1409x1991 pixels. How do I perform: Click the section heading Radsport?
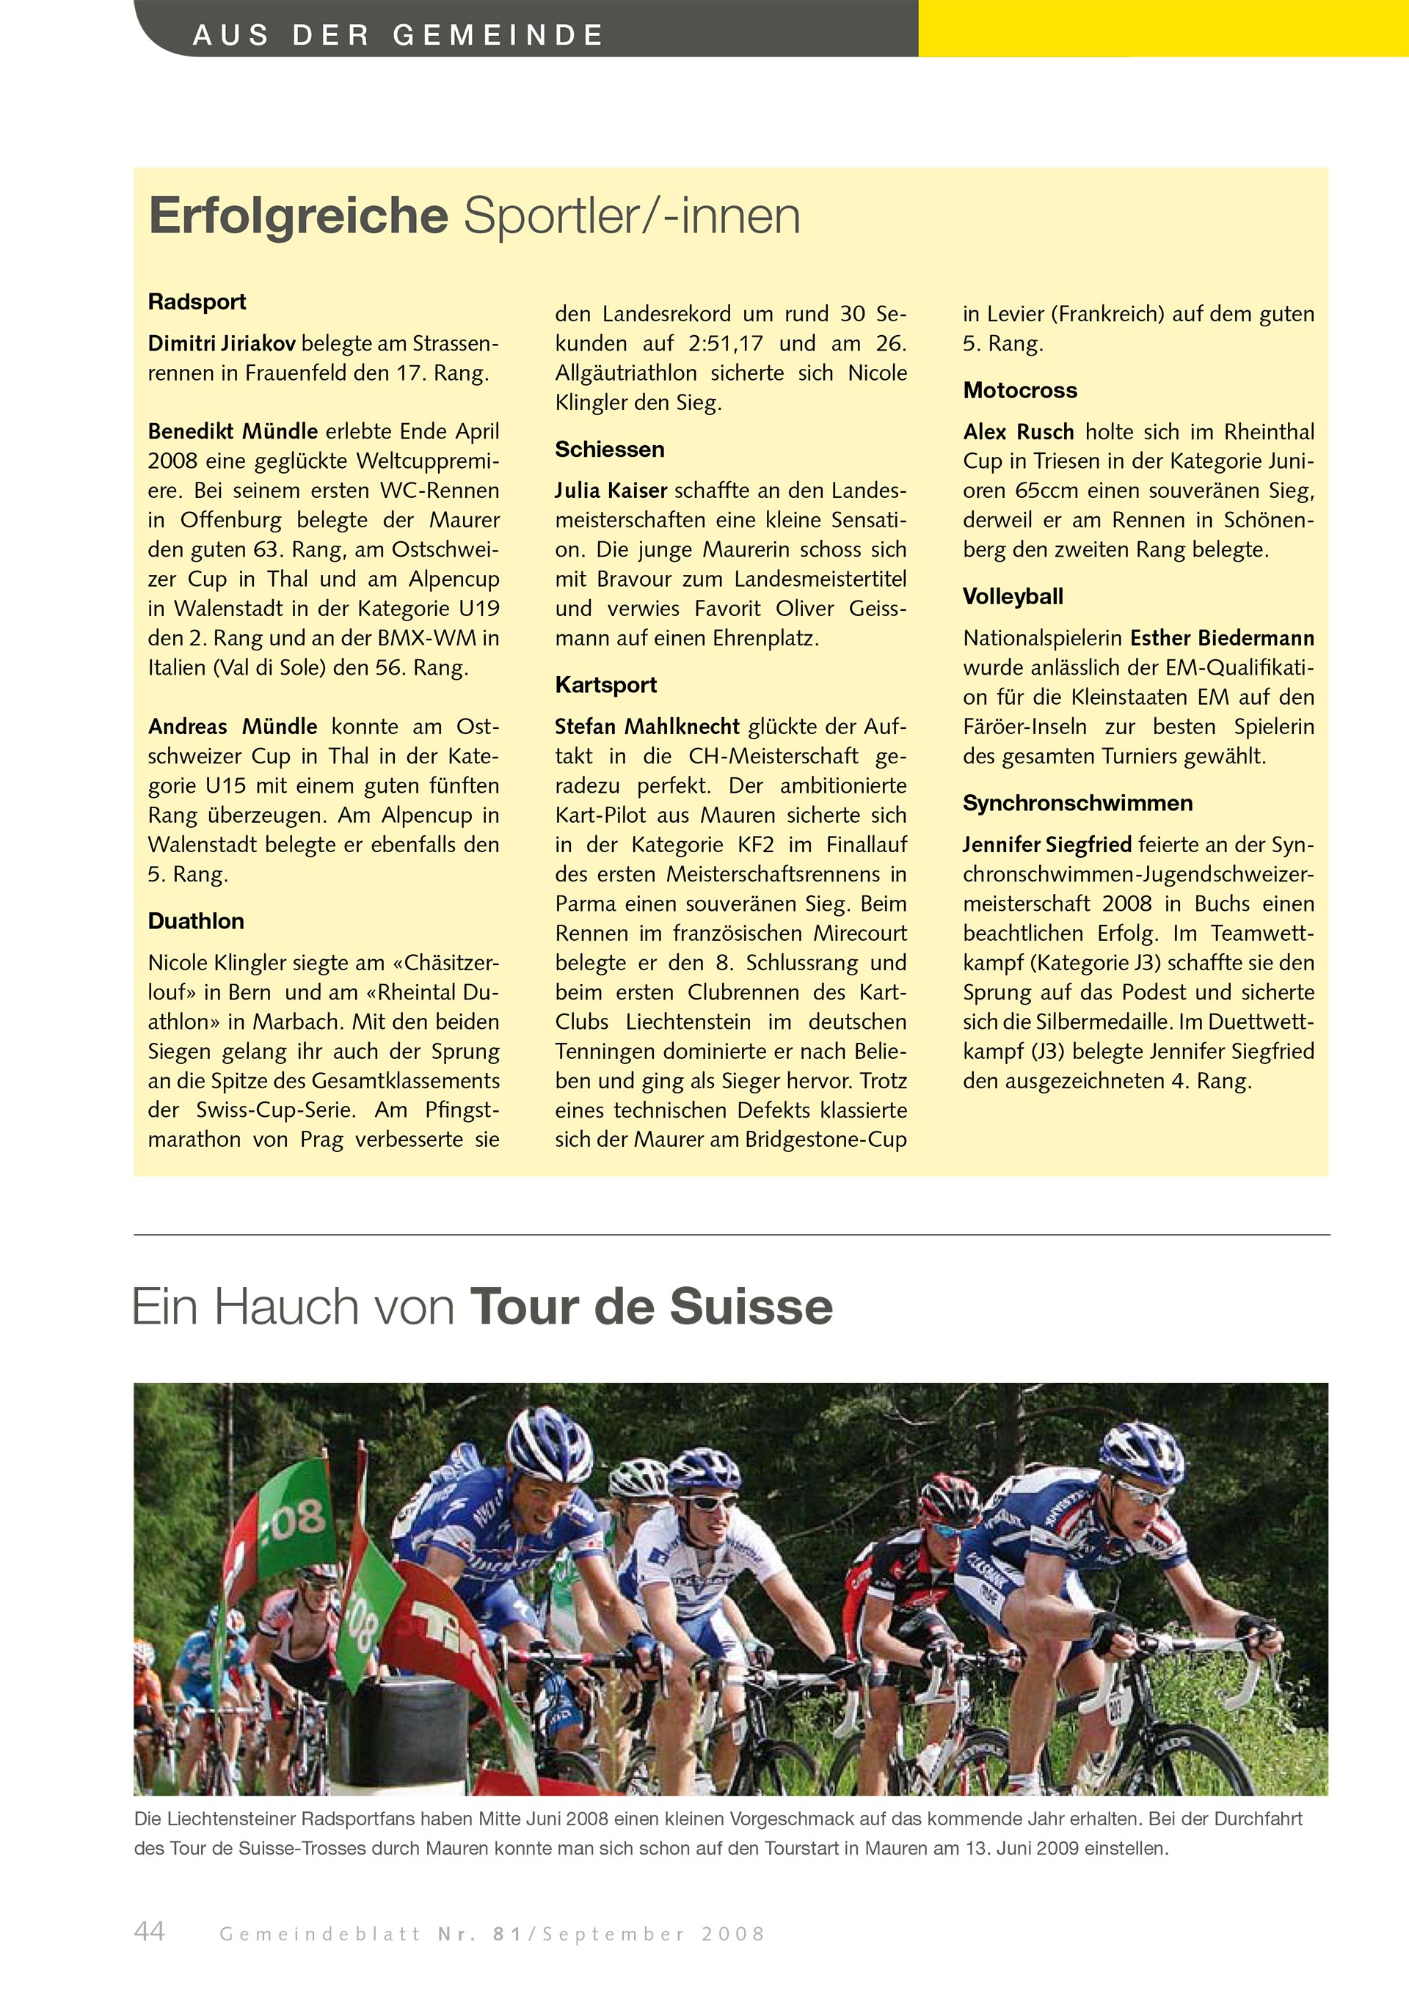tap(197, 302)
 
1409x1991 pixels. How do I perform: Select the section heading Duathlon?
tap(196, 921)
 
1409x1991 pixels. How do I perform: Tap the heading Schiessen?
tap(610, 450)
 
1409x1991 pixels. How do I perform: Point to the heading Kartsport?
tap(605, 685)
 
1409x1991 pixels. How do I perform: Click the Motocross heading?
tap(1019, 390)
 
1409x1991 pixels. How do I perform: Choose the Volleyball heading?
tap(1013, 597)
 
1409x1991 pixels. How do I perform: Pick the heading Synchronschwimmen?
tap(1077, 803)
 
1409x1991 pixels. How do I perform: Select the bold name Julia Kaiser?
tap(611, 491)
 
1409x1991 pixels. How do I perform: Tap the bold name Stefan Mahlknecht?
tap(647, 727)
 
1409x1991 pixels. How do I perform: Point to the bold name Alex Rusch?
tap(1019, 432)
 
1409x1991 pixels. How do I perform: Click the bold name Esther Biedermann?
tap(1222, 638)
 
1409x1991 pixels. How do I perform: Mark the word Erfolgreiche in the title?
tap(299, 216)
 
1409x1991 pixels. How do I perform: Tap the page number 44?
tap(149, 1930)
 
